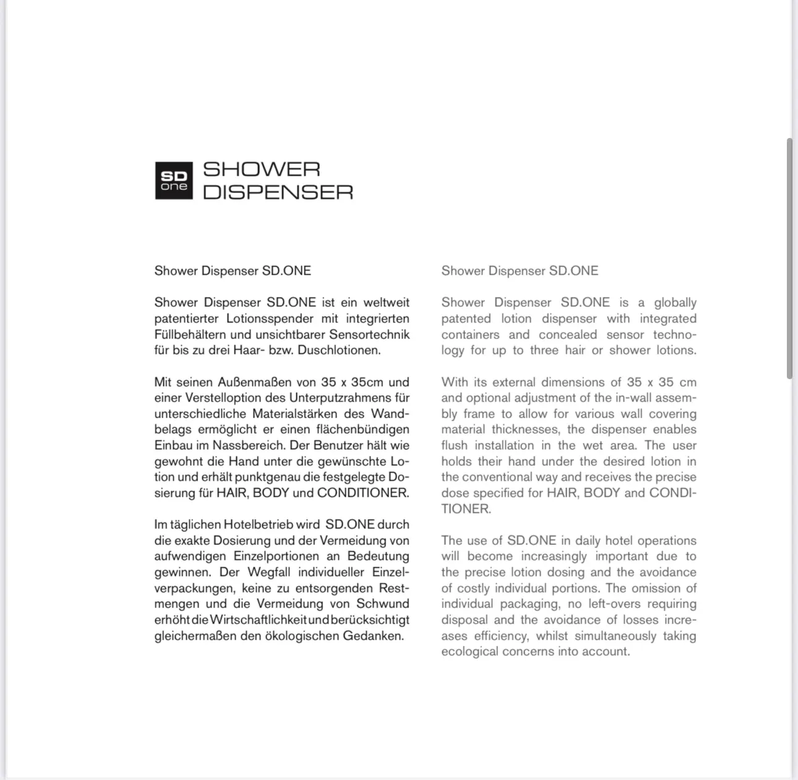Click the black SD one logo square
tap(173, 181)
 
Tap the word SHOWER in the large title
tap(261, 169)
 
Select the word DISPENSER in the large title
tap(278, 192)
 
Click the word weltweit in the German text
tap(386, 302)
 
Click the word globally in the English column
tap(675, 302)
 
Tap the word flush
tap(454, 445)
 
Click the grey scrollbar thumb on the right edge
tap(789, 259)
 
